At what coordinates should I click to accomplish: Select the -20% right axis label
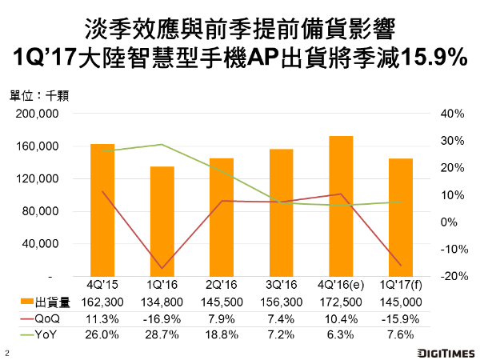point(451,277)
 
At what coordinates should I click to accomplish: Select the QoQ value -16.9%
point(162,318)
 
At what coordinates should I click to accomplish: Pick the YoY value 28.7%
point(162,334)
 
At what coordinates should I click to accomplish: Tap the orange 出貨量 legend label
point(54,302)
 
